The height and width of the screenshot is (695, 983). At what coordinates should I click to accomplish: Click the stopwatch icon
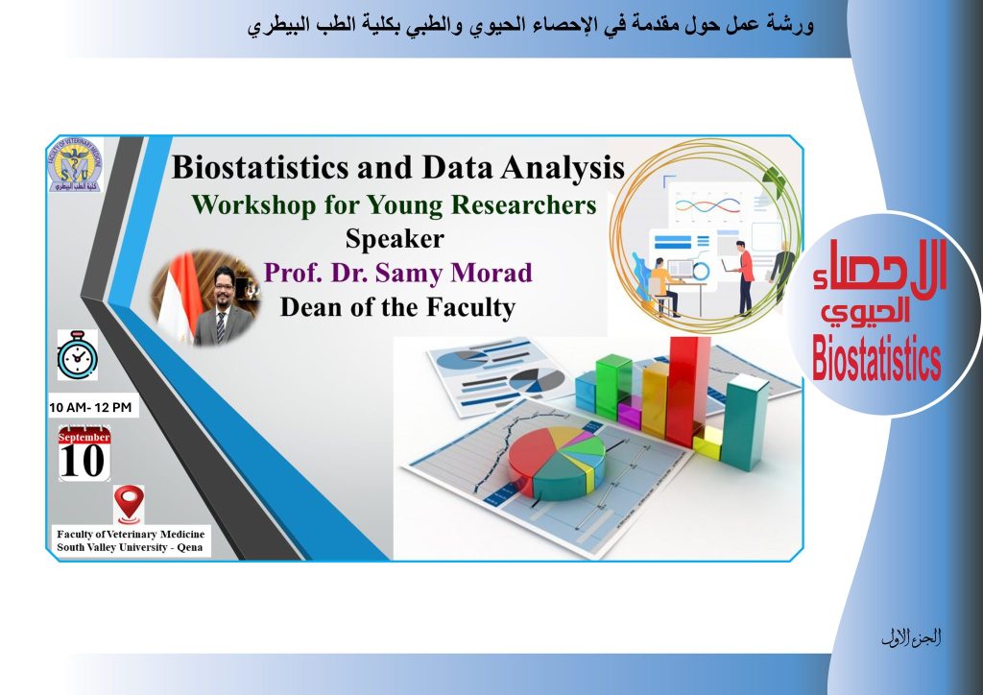pyautogui.click(x=77, y=355)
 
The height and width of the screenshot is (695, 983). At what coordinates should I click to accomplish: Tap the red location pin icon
pyautogui.click(x=129, y=504)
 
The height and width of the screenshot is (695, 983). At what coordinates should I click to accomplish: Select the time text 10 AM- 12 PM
pyautogui.click(x=90, y=407)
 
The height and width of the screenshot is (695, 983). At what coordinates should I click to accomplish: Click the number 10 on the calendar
pyautogui.click(x=83, y=462)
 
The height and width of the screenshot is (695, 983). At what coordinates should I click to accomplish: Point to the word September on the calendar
pyautogui.click(x=84, y=437)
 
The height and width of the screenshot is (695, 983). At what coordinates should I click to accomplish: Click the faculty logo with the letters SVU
pyautogui.click(x=75, y=165)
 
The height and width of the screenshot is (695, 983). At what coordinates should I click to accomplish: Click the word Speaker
pyautogui.click(x=395, y=239)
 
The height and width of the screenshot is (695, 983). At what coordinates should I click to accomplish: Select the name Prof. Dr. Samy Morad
pyautogui.click(x=398, y=273)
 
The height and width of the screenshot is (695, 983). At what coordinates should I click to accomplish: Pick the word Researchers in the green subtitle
pyautogui.click(x=523, y=204)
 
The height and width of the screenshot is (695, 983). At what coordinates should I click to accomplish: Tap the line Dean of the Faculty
pyautogui.click(x=397, y=307)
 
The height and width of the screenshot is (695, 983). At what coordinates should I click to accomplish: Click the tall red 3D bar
pyautogui.click(x=687, y=391)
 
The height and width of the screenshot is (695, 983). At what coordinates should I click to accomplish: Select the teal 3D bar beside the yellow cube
pyautogui.click(x=744, y=421)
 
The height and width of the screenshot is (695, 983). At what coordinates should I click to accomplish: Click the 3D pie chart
pyautogui.click(x=557, y=463)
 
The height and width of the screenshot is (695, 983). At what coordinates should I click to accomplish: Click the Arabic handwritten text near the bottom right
pyautogui.click(x=911, y=638)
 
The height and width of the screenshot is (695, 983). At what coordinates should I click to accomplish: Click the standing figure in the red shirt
pyautogui.click(x=743, y=278)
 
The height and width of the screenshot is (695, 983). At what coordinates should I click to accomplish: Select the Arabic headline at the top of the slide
pyautogui.click(x=530, y=26)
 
